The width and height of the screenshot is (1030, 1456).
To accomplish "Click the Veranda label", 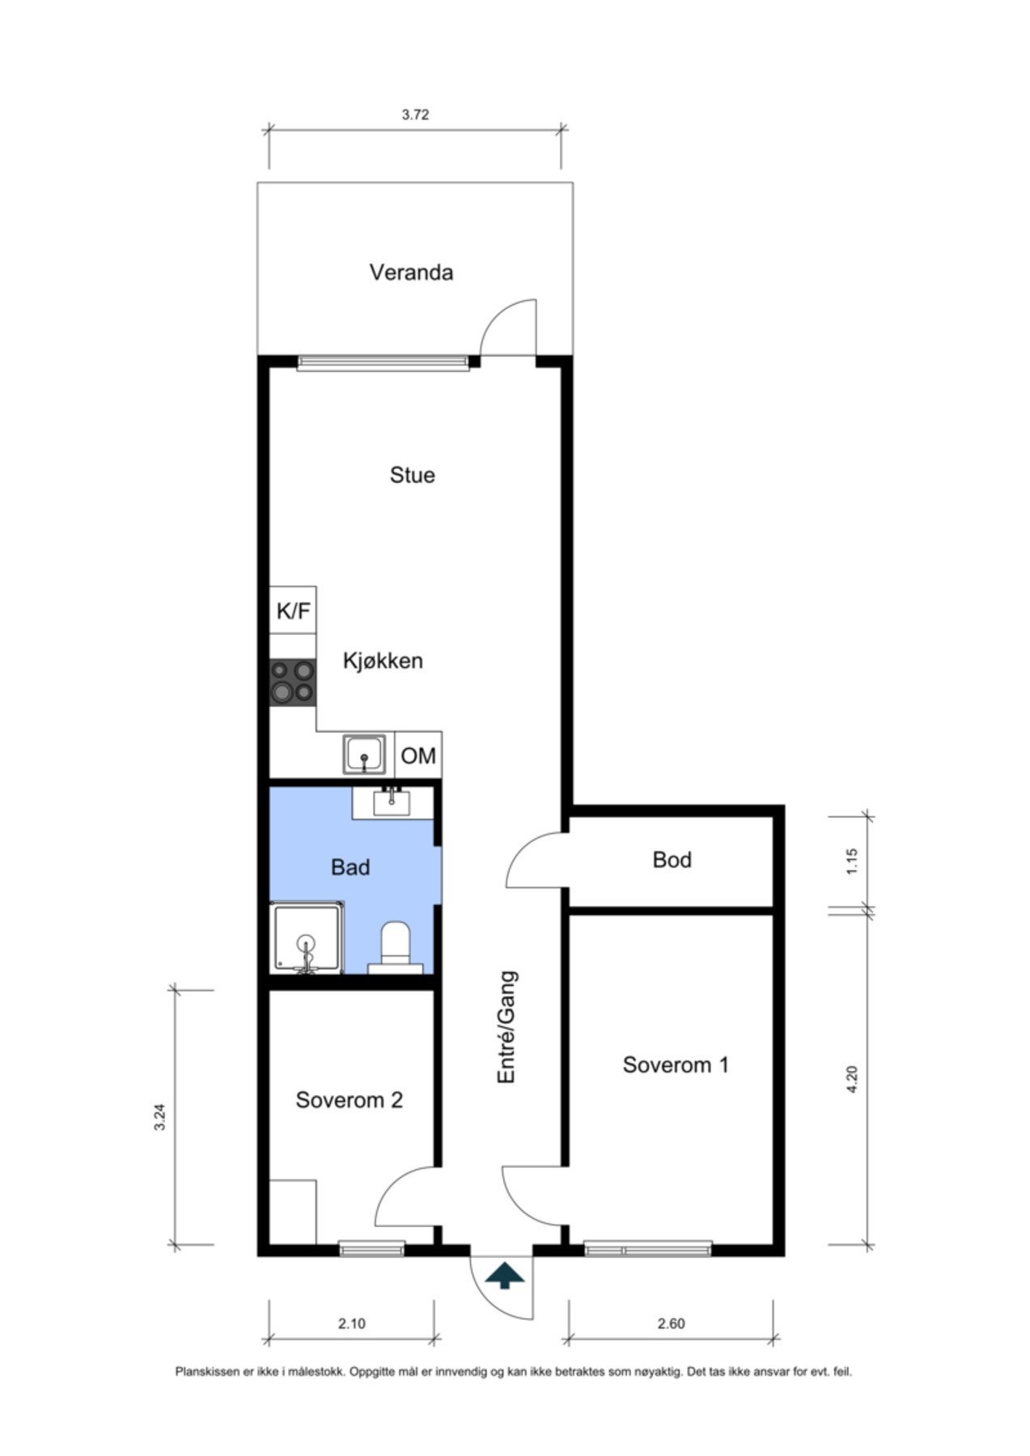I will (x=411, y=273).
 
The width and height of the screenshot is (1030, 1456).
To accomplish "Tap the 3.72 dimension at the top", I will (x=415, y=115).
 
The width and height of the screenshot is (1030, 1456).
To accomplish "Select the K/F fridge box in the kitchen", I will (x=293, y=611).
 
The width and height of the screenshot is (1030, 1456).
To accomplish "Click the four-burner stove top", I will (x=292, y=681).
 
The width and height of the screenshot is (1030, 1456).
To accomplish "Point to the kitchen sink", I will (x=366, y=755).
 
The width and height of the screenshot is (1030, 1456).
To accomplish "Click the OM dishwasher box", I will (x=418, y=756).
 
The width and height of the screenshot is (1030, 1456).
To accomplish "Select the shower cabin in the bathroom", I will (x=306, y=938).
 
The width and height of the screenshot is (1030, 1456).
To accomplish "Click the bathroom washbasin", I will (x=392, y=802).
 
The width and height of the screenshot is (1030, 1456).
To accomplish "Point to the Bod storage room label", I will (x=672, y=860).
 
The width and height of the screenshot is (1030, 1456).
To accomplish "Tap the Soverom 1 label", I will (x=676, y=1065).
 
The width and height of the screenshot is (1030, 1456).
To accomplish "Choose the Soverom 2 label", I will (x=349, y=1100).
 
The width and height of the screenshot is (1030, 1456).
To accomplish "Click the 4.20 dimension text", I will (x=851, y=1080).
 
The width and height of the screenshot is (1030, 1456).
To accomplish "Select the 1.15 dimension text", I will (x=851, y=861).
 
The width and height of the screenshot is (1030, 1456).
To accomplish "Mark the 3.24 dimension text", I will (x=160, y=1117).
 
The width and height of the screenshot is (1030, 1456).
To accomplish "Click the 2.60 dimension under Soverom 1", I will (x=671, y=1324).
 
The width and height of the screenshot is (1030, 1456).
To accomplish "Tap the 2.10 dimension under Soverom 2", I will (x=351, y=1324).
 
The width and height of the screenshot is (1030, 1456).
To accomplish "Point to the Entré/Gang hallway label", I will (x=507, y=1027).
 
